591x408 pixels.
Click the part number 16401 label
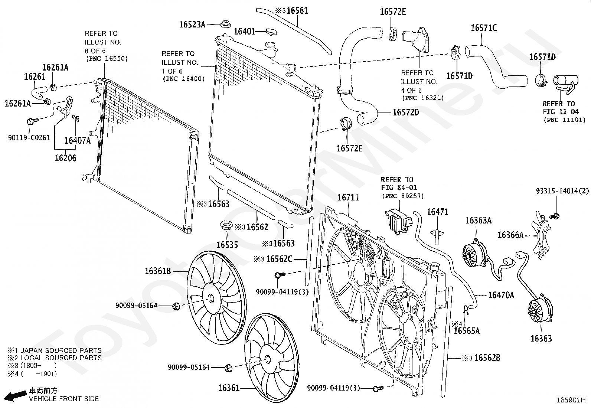click(x=245, y=32)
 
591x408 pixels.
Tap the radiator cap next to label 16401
click(x=271, y=32)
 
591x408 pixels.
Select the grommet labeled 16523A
click(x=225, y=23)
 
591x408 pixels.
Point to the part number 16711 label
click(x=348, y=198)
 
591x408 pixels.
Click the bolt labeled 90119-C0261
click(x=33, y=121)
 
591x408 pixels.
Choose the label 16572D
click(x=406, y=112)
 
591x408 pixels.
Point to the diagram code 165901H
click(x=571, y=400)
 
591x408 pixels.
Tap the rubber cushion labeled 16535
click(x=226, y=225)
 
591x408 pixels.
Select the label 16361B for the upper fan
click(x=158, y=271)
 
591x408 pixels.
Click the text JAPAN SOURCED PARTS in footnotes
click(x=61, y=350)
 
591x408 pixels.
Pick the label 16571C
click(x=484, y=28)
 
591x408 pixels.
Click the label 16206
click(x=65, y=158)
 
